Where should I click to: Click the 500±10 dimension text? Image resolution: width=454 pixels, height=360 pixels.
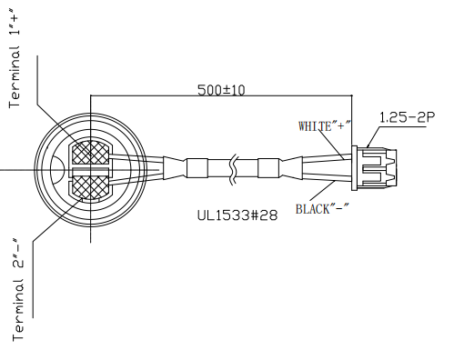[x=221, y=90]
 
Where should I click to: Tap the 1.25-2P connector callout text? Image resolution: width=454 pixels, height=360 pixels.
[x=408, y=117]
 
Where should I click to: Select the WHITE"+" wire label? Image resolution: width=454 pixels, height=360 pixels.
[x=325, y=126]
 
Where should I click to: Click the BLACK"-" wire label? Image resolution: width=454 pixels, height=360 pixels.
[x=322, y=209]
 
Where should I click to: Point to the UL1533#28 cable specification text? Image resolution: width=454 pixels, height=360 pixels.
[x=237, y=215]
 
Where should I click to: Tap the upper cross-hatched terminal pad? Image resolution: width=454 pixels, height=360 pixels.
[x=90, y=153]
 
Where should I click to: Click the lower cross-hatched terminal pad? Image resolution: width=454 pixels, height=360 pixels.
[x=90, y=187]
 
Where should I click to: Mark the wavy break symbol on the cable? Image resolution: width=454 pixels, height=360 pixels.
[x=234, y=169]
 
